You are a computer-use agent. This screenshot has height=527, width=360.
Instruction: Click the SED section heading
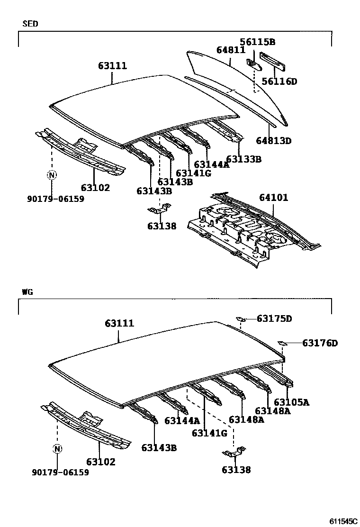coord(30,23)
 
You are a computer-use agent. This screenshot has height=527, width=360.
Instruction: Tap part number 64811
coord(231,50)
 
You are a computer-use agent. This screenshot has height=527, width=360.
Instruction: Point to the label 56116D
coord(279,82)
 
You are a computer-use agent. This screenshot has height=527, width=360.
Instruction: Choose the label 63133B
coord(243,159)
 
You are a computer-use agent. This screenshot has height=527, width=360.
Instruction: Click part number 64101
coord(273,197)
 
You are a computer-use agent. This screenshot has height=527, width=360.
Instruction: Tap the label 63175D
coord(274,318)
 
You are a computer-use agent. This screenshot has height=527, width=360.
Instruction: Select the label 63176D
coord(320,343)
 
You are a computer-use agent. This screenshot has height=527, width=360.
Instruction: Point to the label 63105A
coord(291,402)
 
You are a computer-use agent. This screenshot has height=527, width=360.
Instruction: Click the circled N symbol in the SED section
coord(51,175)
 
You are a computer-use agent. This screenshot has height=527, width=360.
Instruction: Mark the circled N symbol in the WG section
coord(57,449)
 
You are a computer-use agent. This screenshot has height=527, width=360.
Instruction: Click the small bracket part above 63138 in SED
coord(159,209)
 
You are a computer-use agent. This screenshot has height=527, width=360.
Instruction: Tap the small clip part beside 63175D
coord(241,319)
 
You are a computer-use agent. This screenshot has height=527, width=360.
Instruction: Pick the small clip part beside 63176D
coord(282,343)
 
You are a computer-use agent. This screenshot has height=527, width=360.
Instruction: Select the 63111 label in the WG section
coord(119,323)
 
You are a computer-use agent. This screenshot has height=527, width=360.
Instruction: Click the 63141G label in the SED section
coord(193,173)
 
